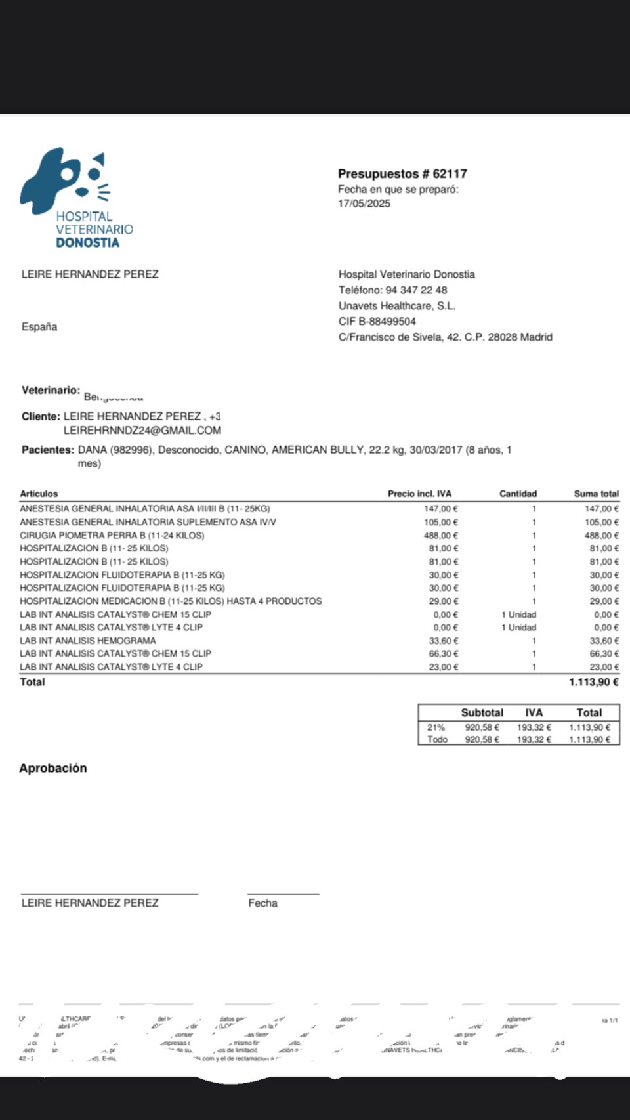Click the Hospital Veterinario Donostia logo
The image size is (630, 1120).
75,197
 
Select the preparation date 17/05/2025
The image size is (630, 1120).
364,204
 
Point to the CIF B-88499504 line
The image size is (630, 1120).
377,322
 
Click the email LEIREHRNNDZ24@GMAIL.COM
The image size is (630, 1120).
142,431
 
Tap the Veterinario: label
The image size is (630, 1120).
51,391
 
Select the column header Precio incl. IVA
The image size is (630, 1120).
419,494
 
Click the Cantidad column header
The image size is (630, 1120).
518,494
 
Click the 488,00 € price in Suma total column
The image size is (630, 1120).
602,536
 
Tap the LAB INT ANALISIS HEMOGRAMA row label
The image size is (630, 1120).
88,641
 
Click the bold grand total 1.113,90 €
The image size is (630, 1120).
593,682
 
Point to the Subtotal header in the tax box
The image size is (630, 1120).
482,713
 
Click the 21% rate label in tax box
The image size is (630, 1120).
436,727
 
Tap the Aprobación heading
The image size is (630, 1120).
53,768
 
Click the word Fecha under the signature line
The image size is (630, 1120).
262,903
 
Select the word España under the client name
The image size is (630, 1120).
39,327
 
